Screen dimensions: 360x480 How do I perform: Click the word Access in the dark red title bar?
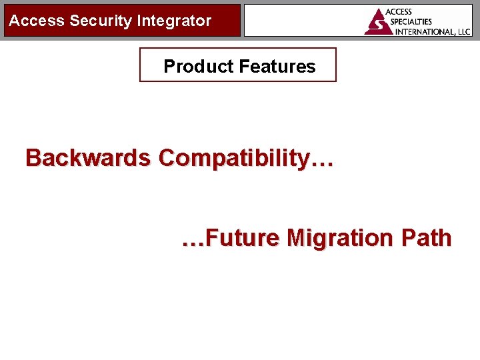(x=37, y=21)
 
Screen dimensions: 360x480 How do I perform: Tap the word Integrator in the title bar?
(x=174, y=21)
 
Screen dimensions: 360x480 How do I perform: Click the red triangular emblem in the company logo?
(x=378, y=21)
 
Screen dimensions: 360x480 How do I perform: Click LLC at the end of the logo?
(x=463, y=31)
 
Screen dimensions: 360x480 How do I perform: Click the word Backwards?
(x=87, y=158)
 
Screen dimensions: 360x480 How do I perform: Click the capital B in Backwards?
(x=33, y=158)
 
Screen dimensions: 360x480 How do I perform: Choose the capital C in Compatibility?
(x=167, y=158)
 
